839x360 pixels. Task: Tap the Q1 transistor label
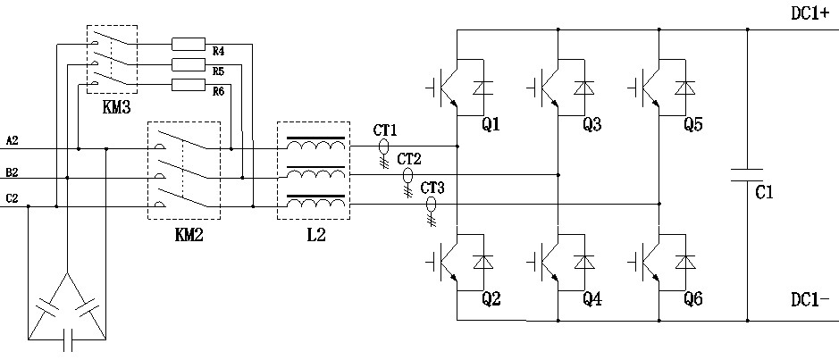[x=490, y=125]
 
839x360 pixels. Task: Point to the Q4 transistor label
[x=591, y=300]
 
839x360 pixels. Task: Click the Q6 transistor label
[x=692, y=300]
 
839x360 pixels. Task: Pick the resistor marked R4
[x=189, y=43]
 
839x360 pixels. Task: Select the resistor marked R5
[x=189, y=63]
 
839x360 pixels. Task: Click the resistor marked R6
[x=189, y=84]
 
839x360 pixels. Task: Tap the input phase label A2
[x=12, y=140]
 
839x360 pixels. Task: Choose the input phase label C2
[x=12, y=197]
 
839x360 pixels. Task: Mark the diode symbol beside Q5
[x=685, y=88]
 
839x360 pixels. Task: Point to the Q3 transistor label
[x=591, y=125]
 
